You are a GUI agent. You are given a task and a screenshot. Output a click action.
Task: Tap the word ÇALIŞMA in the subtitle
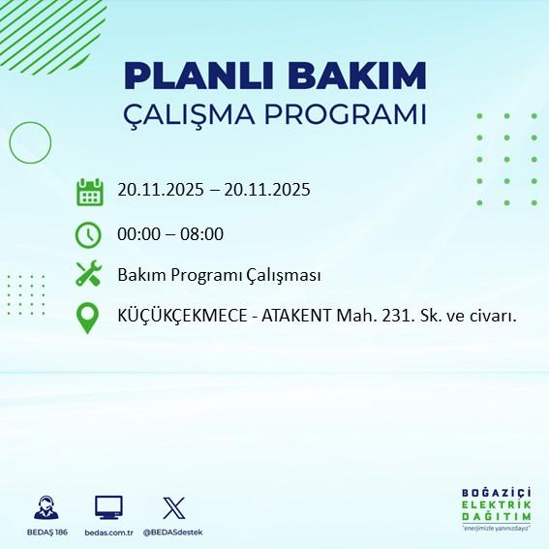[194, 114]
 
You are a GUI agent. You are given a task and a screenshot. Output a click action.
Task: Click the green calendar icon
[89, 191]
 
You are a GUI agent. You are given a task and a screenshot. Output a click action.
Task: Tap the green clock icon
[89, 233]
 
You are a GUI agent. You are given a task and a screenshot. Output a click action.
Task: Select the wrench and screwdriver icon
[89, 275]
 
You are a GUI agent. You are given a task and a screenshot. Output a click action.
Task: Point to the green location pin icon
[89, 318]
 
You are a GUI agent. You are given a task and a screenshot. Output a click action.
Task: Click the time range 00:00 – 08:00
[170, 233]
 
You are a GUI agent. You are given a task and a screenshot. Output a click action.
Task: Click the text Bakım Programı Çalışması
[219, 275]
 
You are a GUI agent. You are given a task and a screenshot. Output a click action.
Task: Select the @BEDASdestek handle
[172, 533]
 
